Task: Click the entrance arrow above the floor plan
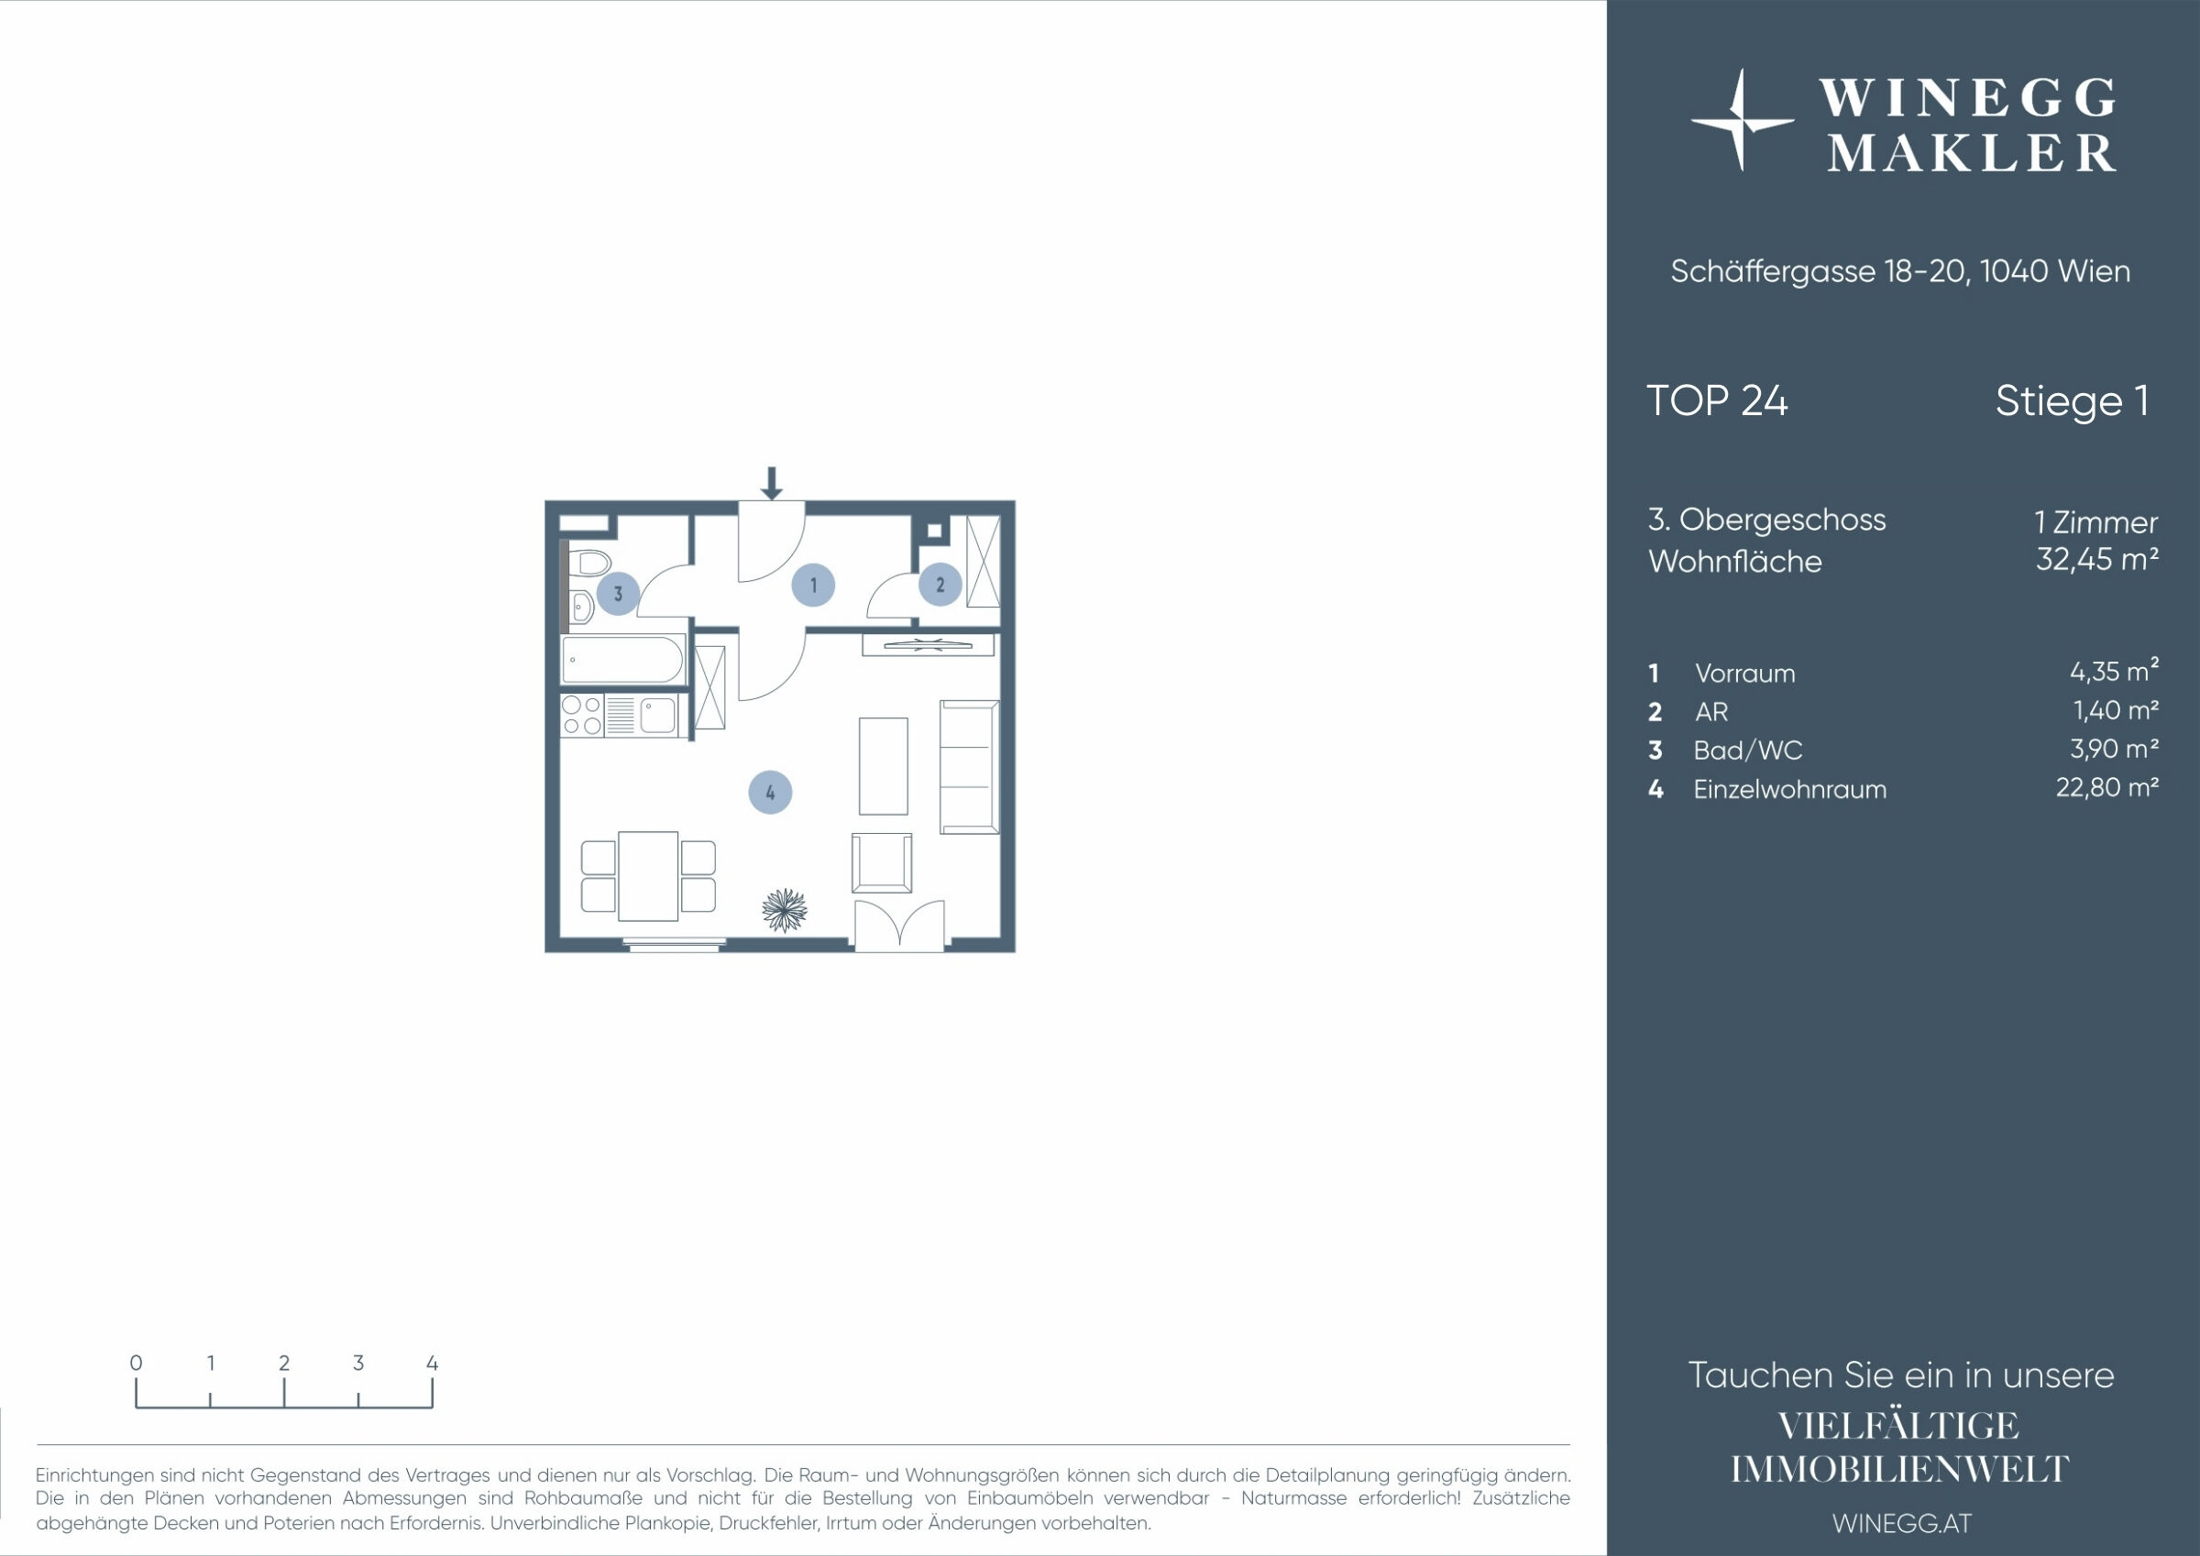[771, 484]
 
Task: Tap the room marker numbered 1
[813, 585]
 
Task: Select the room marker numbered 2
[940, 585]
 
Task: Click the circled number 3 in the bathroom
[618, 593]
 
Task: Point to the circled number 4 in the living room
[770, 793]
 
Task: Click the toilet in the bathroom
[588, 563]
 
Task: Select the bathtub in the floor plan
[622, 659]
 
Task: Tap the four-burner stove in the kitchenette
[581, 716]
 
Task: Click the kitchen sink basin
[658, 716]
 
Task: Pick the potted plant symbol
[785, 910]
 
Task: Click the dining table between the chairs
[649, 876]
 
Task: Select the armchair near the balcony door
[882, 862]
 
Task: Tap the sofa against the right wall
[970, 766]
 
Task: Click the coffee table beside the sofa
[884, 766]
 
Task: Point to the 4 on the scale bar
[432, 1363]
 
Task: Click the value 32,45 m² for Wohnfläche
[2096, 559]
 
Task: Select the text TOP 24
[1717, 400]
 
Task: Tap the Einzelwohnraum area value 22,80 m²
[2107, 786]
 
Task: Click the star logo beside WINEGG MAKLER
[1742, 121]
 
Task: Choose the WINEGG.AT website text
[1902, 1523]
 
